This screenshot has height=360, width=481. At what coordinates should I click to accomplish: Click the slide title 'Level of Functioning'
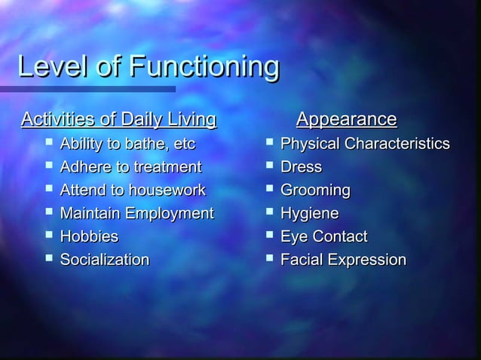[x=148, y=67]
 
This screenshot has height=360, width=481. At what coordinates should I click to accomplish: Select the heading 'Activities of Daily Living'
[x=119, y=120]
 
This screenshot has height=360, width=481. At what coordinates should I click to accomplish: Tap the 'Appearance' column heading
[x=346, y=120]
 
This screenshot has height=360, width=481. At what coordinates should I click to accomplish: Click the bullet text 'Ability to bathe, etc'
[x=127, y=144]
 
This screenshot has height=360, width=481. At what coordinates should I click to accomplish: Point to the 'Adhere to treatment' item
[x=130, y=167]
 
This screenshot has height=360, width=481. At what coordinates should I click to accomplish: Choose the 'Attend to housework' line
[x=133, y=191]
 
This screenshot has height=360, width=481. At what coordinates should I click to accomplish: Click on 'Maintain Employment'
[x=136, y=214]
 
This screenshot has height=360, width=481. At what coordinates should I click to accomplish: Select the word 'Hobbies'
[x=89, y=237]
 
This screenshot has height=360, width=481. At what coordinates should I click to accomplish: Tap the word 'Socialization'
[x=105, y=261]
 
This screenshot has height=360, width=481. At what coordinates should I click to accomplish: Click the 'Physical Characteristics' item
[x=365, y=144]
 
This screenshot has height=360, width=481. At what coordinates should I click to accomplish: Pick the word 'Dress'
[x=301, y=167]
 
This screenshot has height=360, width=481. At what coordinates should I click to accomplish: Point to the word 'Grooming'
[x=315, y=191]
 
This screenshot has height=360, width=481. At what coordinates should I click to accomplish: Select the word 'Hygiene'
[x=309, y=214]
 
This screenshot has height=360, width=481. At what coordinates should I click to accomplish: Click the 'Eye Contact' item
[x=323, y=237]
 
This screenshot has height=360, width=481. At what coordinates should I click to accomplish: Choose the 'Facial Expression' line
[x=343, y=261]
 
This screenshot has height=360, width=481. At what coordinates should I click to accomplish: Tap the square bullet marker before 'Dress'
[x=269, y=166]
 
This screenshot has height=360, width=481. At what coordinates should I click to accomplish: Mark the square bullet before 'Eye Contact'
[x=269, y=236]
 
